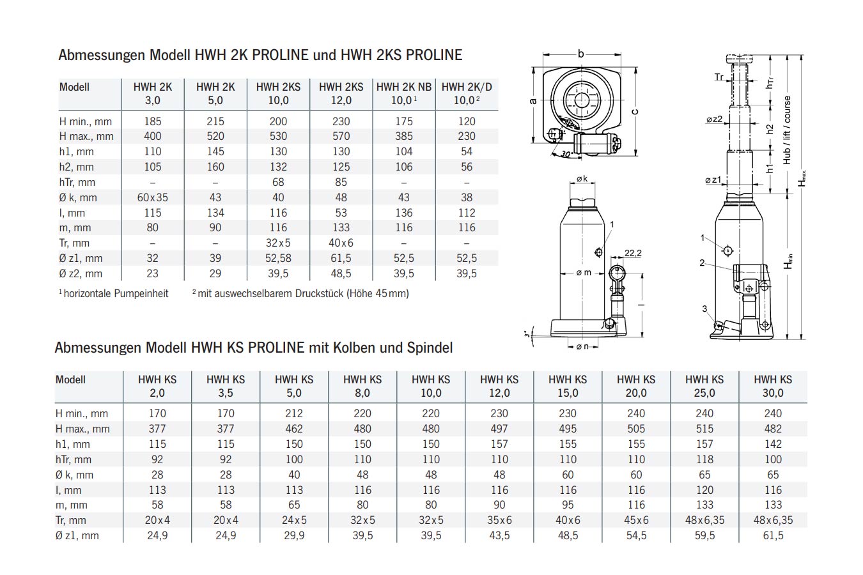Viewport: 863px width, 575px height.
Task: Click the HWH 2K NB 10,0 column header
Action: (404, 93)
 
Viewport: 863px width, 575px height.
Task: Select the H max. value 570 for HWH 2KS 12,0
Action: (341, 136)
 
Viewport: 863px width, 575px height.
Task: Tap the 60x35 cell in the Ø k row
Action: (153, 197)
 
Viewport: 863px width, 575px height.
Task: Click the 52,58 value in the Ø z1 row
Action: (278, 258)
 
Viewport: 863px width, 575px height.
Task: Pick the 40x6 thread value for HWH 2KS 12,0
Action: (341, 243)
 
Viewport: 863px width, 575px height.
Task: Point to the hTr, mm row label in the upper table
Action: (77, 182)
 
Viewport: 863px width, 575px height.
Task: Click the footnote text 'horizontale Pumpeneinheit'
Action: (116, 293)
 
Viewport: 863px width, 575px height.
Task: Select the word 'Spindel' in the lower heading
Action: (430, 348)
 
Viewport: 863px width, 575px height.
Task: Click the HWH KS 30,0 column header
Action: (773, 386)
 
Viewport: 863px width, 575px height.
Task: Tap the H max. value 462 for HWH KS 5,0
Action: (294, 429)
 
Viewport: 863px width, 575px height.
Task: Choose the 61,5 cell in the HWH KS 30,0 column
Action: (773, 535)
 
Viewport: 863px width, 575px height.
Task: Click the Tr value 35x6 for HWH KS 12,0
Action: (499, 520)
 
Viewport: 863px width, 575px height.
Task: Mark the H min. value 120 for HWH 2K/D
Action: (467, 121)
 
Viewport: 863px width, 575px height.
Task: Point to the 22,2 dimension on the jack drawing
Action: (633, 253)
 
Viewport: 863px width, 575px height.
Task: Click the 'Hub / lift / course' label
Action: (787, 130)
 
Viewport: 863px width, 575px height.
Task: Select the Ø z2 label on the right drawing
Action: (714, 119)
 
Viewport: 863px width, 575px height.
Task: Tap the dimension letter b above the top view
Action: (580, 54)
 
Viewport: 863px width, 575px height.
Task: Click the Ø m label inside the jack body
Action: (584, 273)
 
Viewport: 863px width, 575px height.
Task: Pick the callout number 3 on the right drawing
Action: (704, 309)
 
